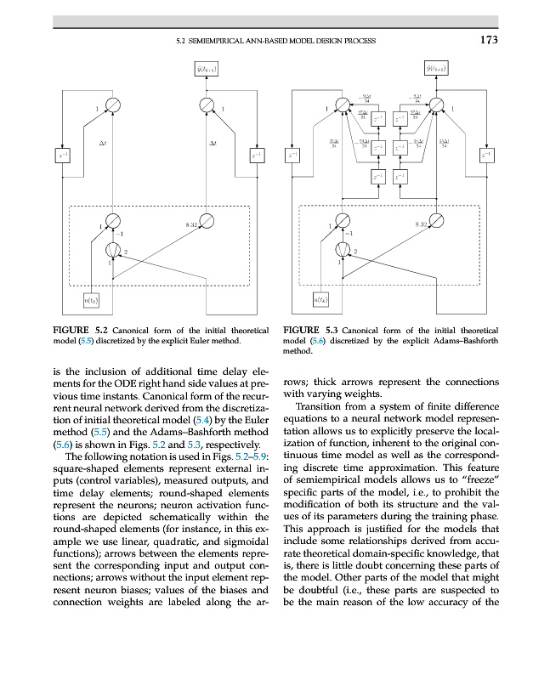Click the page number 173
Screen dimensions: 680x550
coord(487,39)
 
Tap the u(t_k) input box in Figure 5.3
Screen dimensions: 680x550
coord(323,299)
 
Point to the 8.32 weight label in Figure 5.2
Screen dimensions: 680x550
coord(192,224)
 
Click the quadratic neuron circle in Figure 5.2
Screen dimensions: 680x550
coord(112,250)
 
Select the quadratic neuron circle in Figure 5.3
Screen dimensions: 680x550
coord(343,250)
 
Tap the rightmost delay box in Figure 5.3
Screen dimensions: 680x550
coord(486,155)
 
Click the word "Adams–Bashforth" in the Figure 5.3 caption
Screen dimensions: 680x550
coord(470,341)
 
